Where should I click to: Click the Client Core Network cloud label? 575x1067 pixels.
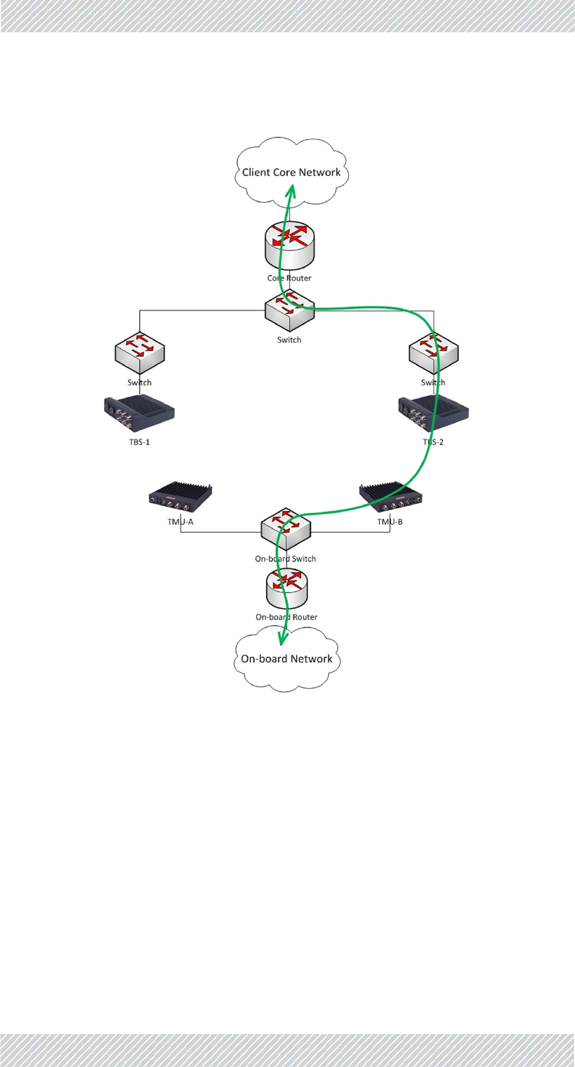pyautogui.click(x=291, y=172)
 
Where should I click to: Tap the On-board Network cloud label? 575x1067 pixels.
pyautogui.click(x=287, y=659)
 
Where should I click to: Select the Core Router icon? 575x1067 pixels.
pyautogui.click(x=289, y=245)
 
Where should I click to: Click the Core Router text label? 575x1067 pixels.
pyautogui.click(x=289, y=278)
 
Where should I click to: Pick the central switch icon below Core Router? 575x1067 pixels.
pyautogui.click(x=289, y=310)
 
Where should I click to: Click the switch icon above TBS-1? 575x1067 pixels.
pyautogui.click(x=139, y=354)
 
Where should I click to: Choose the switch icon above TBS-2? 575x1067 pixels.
pyautogui.click(x=434, y=354)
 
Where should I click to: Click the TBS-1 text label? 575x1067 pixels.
pyautogui.click(x=139, y=442)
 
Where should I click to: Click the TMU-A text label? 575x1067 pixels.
pyautogui.click(x=181, y=522)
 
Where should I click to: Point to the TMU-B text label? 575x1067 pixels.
pyautogui.click(x=390, y=522)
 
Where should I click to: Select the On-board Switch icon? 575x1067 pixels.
pyautogui.click(x=286, y=528)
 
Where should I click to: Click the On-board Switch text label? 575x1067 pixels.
pyautogui.click(x=285, y=559)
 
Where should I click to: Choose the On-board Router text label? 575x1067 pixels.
pyautogui.click(x=287, y=617)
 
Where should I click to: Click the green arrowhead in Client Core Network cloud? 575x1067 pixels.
pyautogui.click(x=292, y=190)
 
